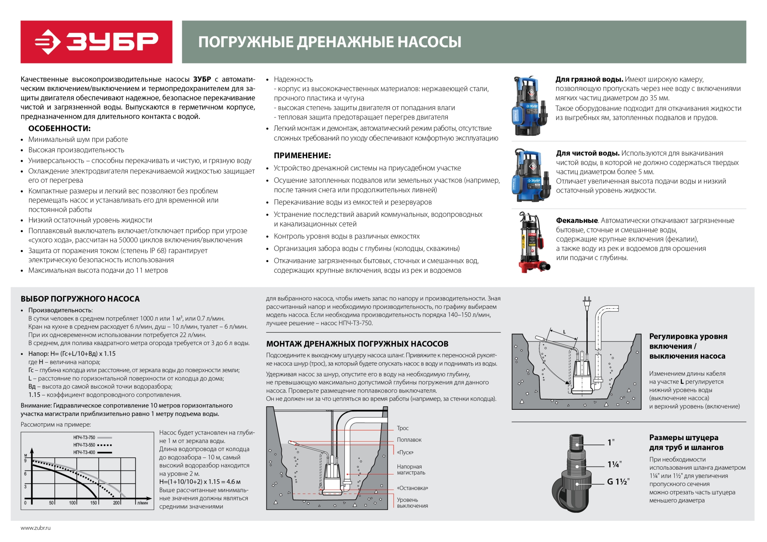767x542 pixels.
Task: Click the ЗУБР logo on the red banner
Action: coord(96,42)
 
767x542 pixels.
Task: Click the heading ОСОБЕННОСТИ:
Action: coord(59,129)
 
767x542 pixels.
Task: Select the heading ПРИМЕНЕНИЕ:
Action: coord(302,155)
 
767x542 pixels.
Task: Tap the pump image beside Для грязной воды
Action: coord(529,106)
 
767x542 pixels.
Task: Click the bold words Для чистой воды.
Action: coord(587,153)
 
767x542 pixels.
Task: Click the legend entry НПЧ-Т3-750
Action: coord(84,438)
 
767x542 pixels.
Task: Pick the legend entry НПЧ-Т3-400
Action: coord(84,453)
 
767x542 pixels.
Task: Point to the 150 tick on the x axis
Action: coord(93,503)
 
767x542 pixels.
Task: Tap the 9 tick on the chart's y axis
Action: coord(26,461)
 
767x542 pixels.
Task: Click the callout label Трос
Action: coord(403,428)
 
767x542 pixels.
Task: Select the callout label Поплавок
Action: coord(409,440)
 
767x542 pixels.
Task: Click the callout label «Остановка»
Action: coord(412,488)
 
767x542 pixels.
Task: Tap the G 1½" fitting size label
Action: coord(618,482)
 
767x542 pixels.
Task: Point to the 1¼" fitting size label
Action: coord(614,465)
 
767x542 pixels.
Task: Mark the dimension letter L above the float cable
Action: coord(564,332)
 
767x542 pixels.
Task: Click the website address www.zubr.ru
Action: coord(36,528)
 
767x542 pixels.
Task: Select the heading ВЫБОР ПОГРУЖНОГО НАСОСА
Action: coord(80,299)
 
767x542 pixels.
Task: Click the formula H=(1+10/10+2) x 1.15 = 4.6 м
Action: coord(200,482)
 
